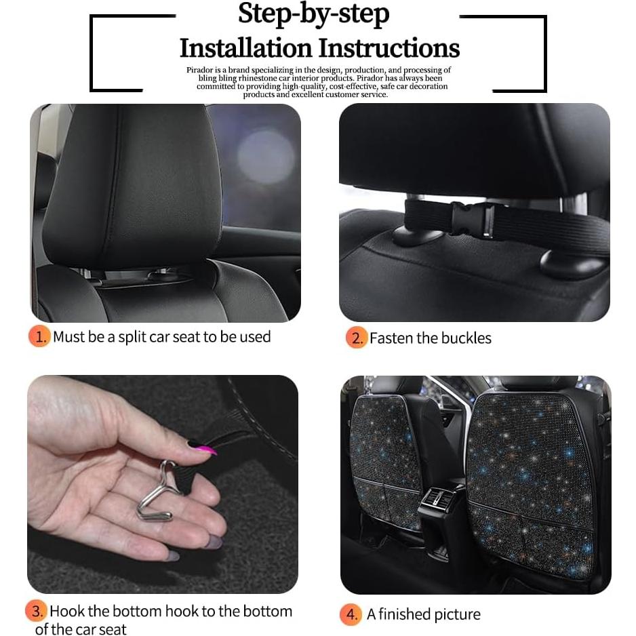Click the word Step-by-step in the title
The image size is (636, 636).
click(313, 15)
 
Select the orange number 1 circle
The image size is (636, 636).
click(39, 337)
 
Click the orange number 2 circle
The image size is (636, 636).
click(355, 338)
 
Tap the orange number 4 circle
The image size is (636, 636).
click(351, 614)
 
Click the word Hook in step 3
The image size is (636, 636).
click(67, 611)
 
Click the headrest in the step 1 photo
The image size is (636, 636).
click(132, 183)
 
